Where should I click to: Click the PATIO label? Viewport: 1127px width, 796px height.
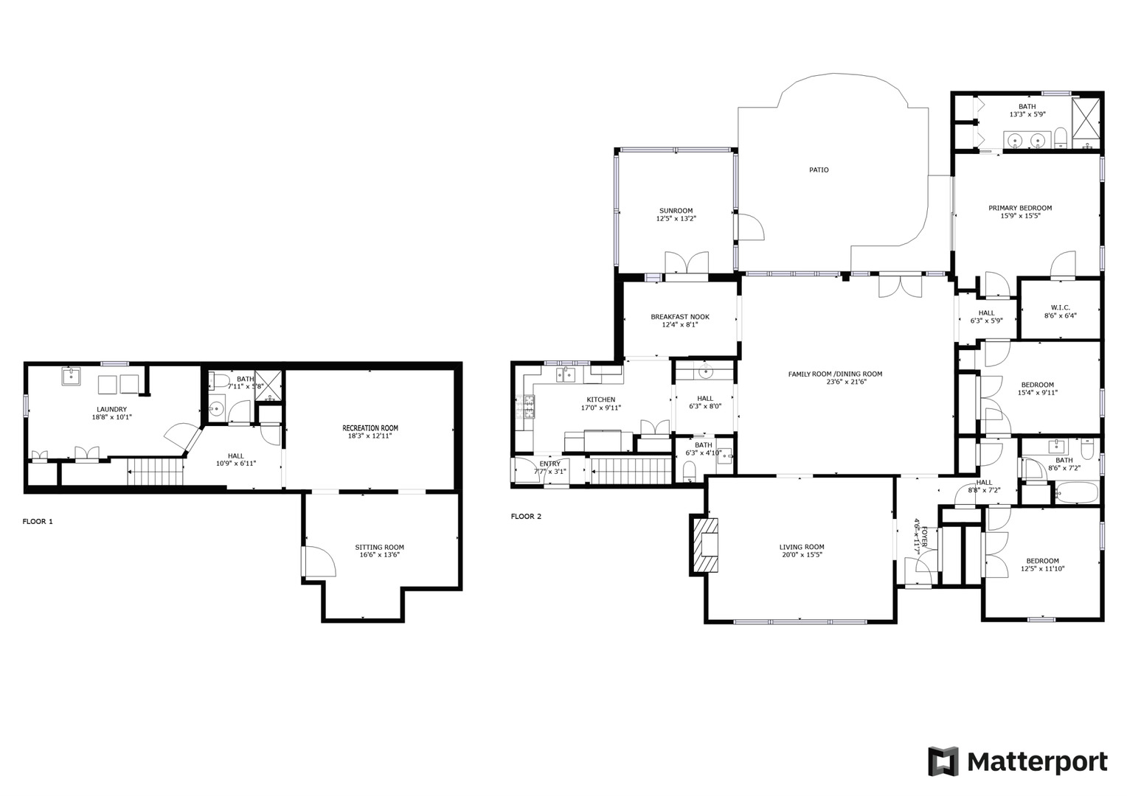click(x=819, y=170)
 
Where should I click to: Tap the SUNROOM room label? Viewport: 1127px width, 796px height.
click(x=676, y=211)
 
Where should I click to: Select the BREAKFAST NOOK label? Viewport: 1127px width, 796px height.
click(x=679, y=317)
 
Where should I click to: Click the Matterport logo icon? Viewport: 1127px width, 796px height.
click(x=942, y=761)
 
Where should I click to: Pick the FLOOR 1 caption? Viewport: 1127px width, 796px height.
click(x=38, y=521)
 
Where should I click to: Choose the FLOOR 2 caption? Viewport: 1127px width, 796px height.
click(x=526, y=516)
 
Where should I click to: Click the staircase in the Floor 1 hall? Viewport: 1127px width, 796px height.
click(x=156, y=472)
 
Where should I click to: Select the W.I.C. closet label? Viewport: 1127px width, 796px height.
click(x=1060, y=307)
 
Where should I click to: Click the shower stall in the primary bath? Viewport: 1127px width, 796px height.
click(x=1086, y=118)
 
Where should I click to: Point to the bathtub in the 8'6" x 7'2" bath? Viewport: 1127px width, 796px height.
click(x=1076, y=493)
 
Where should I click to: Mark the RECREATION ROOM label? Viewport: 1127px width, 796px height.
click(x=370, y=427)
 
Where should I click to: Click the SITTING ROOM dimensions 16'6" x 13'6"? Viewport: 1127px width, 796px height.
click(x=379, y=555)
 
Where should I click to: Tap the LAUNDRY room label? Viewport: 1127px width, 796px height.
click(x=112, y=409)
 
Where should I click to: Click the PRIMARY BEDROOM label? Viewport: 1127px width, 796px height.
click(x=1020, y=208)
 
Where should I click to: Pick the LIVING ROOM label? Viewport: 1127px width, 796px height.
click(x=802, y=547)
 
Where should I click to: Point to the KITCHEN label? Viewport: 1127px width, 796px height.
click(x=600, y=399)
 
